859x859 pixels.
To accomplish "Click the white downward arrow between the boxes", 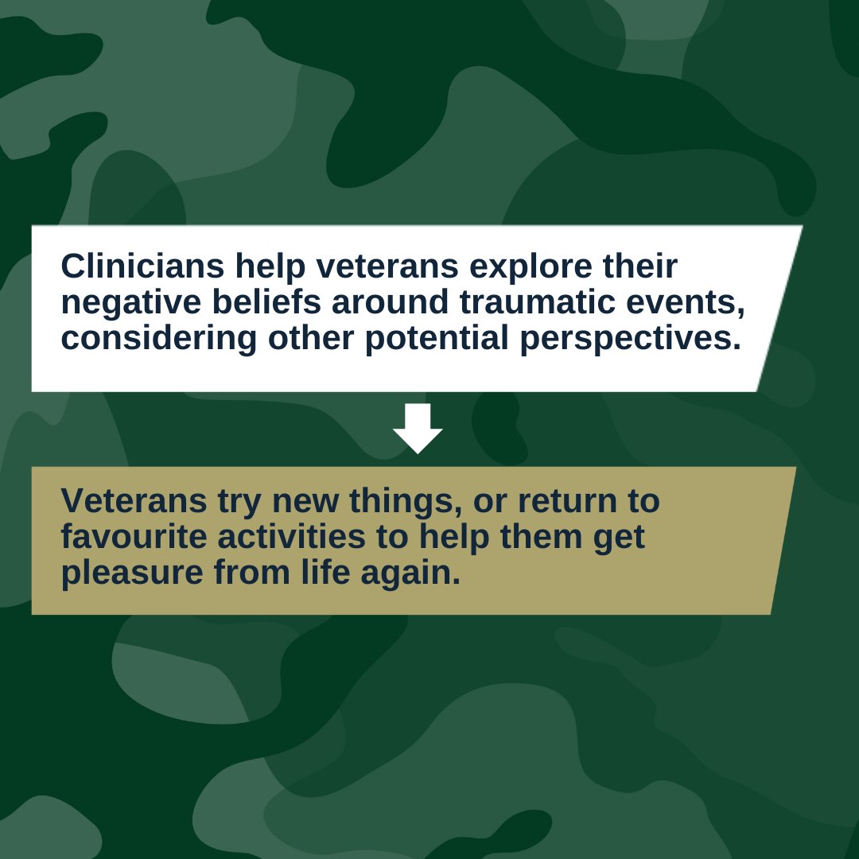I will (x=418, y=428).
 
